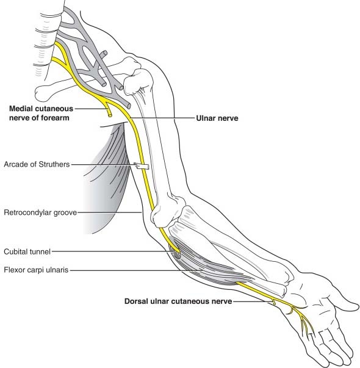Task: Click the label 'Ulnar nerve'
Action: tap(217, 118)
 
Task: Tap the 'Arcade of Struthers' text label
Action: tap(37, 164)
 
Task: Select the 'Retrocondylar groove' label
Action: tap(40, 212)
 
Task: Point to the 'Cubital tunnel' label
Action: tap(27, 252)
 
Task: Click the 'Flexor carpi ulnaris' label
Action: tap(36, 270)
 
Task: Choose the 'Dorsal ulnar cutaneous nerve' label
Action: tap(178, 301)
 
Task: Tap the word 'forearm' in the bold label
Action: tap(56, 118)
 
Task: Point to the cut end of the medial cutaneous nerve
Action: tap(110, 115)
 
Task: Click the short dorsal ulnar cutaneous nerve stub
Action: tap(273, 301)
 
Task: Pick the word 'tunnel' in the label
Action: tap(41, 252)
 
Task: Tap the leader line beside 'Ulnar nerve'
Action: tap(163, 118)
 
